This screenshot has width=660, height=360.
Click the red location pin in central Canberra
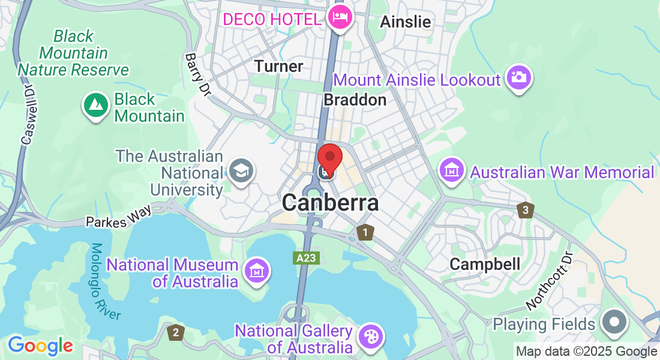[329, 158]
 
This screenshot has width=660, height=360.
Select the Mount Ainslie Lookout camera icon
[519, 77]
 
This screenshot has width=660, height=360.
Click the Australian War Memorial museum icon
[452, 171]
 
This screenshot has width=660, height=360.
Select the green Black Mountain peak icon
[95, 106]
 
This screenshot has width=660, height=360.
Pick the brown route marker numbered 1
[364, 232]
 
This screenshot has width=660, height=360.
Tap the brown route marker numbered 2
[175, 332]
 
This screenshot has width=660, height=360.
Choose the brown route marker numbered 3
[526, 210]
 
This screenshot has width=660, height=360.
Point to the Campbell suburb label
[485, 264]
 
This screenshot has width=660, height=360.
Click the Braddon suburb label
[355, 100]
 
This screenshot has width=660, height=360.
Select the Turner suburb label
[279, 66]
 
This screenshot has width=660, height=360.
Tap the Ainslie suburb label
[406, 22]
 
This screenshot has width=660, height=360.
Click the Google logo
[40, 346]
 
